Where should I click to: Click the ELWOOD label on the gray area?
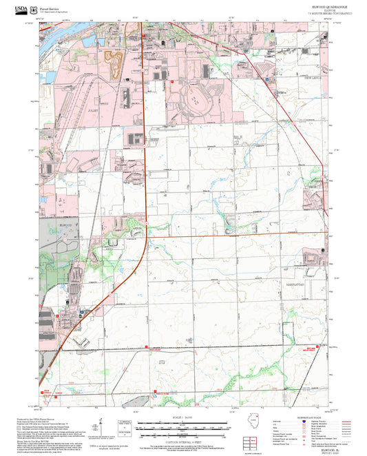[66, 225]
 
